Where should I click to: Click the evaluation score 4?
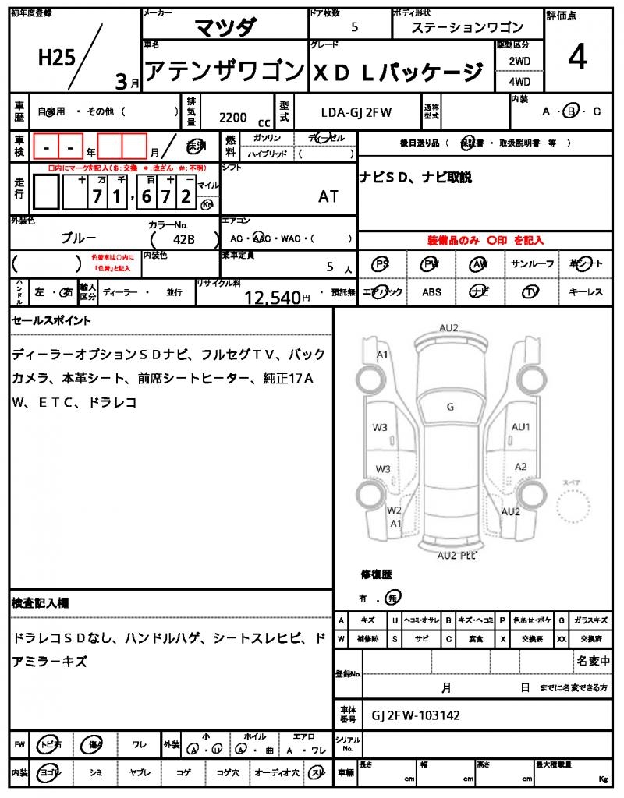577,60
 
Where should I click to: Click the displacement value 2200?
233,117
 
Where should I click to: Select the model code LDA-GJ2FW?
356,112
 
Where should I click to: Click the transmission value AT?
328,196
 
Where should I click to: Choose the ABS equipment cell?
431,292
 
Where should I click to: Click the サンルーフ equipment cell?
532,264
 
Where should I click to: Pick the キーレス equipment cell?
586,292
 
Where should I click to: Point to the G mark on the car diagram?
450,407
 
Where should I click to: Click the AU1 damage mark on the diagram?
520,426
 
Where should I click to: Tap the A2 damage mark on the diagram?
521,466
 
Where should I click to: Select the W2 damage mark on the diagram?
395,510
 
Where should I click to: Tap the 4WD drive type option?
519,81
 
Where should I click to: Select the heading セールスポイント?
51,320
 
